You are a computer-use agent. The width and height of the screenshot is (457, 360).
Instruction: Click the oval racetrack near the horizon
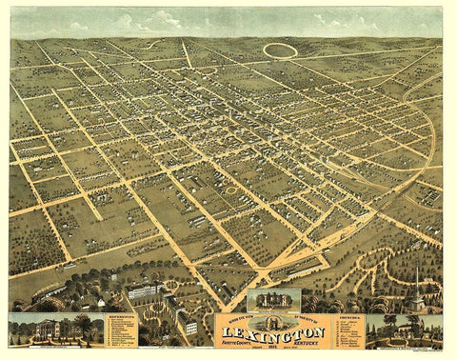(279, 49)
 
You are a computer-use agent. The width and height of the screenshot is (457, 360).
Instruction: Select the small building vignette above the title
(273, 301)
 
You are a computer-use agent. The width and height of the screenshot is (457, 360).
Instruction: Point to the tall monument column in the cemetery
(417, 276)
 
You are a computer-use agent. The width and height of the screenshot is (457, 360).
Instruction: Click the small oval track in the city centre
(230, 190)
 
